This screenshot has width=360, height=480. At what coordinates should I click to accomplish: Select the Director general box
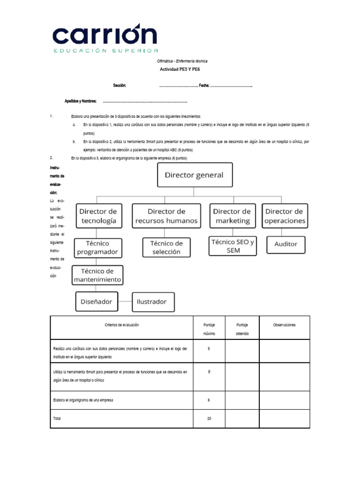(194, 175)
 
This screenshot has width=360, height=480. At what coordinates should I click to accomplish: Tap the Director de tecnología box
(97, 216)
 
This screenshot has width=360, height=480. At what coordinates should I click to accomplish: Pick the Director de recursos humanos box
(166, 216)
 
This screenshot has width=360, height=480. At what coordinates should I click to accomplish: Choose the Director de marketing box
(233, 216)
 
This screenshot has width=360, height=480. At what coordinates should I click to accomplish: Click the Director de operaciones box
(285, 216)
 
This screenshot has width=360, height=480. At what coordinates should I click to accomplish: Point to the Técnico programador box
(97, 247)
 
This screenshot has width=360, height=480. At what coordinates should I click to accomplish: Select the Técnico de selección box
(166, 247)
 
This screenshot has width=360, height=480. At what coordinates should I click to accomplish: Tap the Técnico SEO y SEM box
(232, 246)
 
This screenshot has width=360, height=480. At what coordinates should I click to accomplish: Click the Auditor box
(285, 244)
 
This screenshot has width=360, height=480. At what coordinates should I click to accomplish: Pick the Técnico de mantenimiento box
(97, 276)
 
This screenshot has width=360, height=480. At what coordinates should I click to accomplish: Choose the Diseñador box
(97, 301)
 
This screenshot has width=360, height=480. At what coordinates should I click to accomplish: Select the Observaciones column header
(285, 325)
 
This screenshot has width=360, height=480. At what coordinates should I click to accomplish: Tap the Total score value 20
(209, 419)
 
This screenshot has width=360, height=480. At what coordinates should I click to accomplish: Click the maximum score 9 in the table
(209, 372)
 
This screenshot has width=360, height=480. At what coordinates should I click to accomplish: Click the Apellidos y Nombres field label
(80, 101)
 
